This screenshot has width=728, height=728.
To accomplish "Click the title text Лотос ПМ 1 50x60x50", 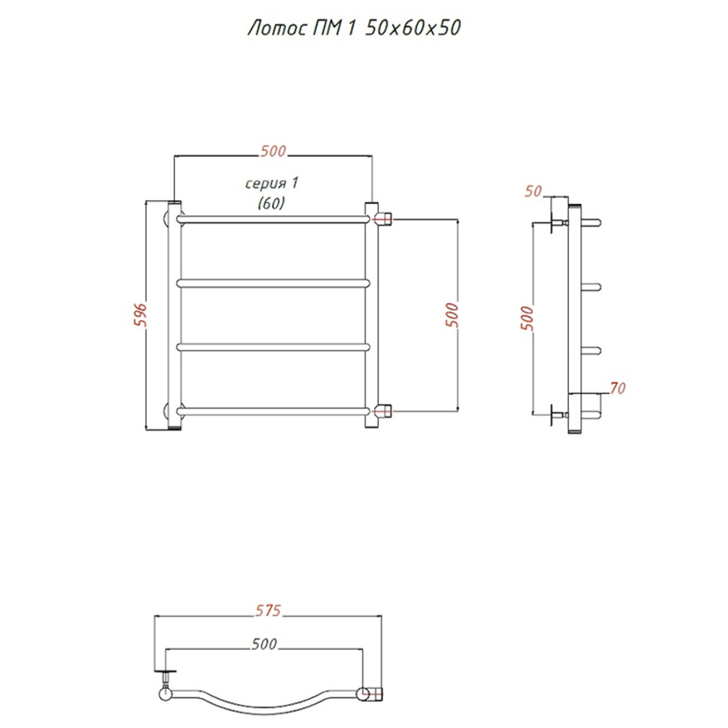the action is tap(354, 28).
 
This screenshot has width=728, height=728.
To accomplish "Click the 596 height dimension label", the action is tap(140, 315).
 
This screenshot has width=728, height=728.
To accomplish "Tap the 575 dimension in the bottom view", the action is tap(268, 610).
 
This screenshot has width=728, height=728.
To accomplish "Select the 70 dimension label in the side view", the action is tap(618, 388).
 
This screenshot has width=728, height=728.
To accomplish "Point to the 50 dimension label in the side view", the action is tap(533, 191).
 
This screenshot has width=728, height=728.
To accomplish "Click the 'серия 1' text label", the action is tap(271, 183).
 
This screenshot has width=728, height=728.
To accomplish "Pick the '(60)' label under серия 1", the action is tap(271, 203).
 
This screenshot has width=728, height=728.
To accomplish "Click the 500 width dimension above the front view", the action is tap(274, 151).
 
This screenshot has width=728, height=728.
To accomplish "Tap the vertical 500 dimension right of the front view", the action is tap(452, 315).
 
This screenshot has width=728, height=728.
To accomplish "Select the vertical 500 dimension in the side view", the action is tap(527, 318).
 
